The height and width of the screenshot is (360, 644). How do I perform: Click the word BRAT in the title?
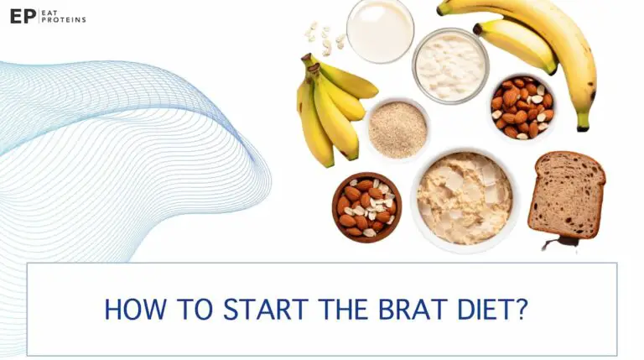tap(408, 310)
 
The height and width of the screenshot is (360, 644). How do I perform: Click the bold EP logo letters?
tap(23, 16)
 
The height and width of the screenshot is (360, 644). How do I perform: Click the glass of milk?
tap(380, 30)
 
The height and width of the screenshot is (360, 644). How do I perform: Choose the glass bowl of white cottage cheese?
tap(450, 65)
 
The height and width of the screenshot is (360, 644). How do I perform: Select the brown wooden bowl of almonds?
tap(366, 206)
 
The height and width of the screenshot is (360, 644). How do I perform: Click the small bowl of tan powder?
tap(397, 130)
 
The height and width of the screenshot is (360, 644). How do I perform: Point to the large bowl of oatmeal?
tap(464, 198)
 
